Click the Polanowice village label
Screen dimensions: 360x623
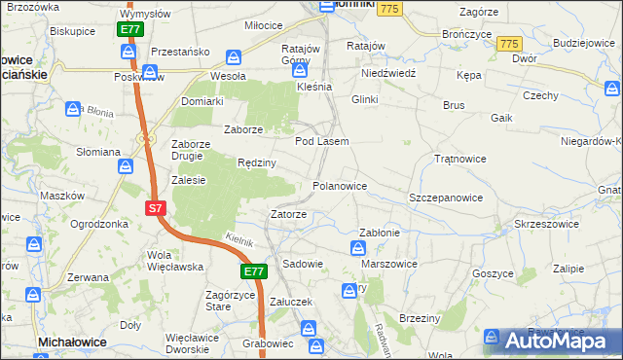[x=340, y=186]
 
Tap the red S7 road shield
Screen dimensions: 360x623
[x=156, y=208]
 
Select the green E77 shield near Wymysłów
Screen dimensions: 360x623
[x=130, y=30]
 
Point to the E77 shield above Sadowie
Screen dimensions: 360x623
[x=254, y=271]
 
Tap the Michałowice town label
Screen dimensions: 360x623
[x=72, y=342]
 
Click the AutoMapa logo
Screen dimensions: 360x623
[x=560, y=340]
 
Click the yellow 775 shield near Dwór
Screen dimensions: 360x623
[x=508, y=45]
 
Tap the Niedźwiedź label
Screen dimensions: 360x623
[x=388, y=73]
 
